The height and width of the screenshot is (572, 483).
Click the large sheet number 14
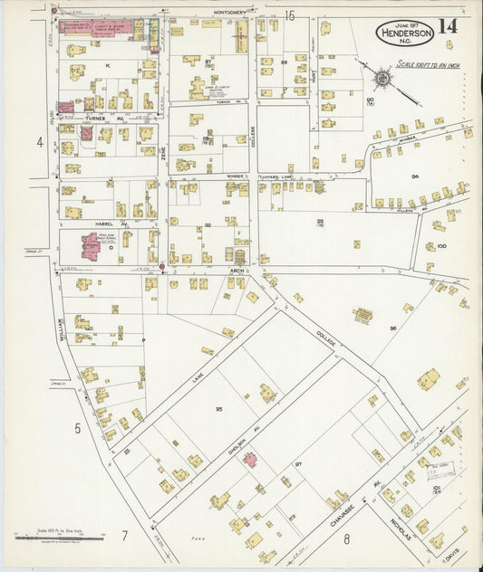(x=449, y=24)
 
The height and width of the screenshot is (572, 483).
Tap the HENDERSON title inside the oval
(x=404, y=33)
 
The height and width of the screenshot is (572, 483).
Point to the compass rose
(x=382, y=79)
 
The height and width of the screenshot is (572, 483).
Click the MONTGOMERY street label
(x=229, y=12)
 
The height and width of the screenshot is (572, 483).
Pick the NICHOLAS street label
(x=399, y=534)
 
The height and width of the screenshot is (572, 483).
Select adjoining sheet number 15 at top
(x=290, y=14)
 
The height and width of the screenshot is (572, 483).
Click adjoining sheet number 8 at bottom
(x=346, y=540)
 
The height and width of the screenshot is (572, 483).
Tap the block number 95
(x=219, y=410)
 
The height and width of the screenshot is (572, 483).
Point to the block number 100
(x=441, y=245)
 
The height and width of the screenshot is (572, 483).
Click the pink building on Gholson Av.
(x=249, y=459)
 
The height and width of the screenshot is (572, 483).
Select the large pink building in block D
(x=92, y=245)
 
